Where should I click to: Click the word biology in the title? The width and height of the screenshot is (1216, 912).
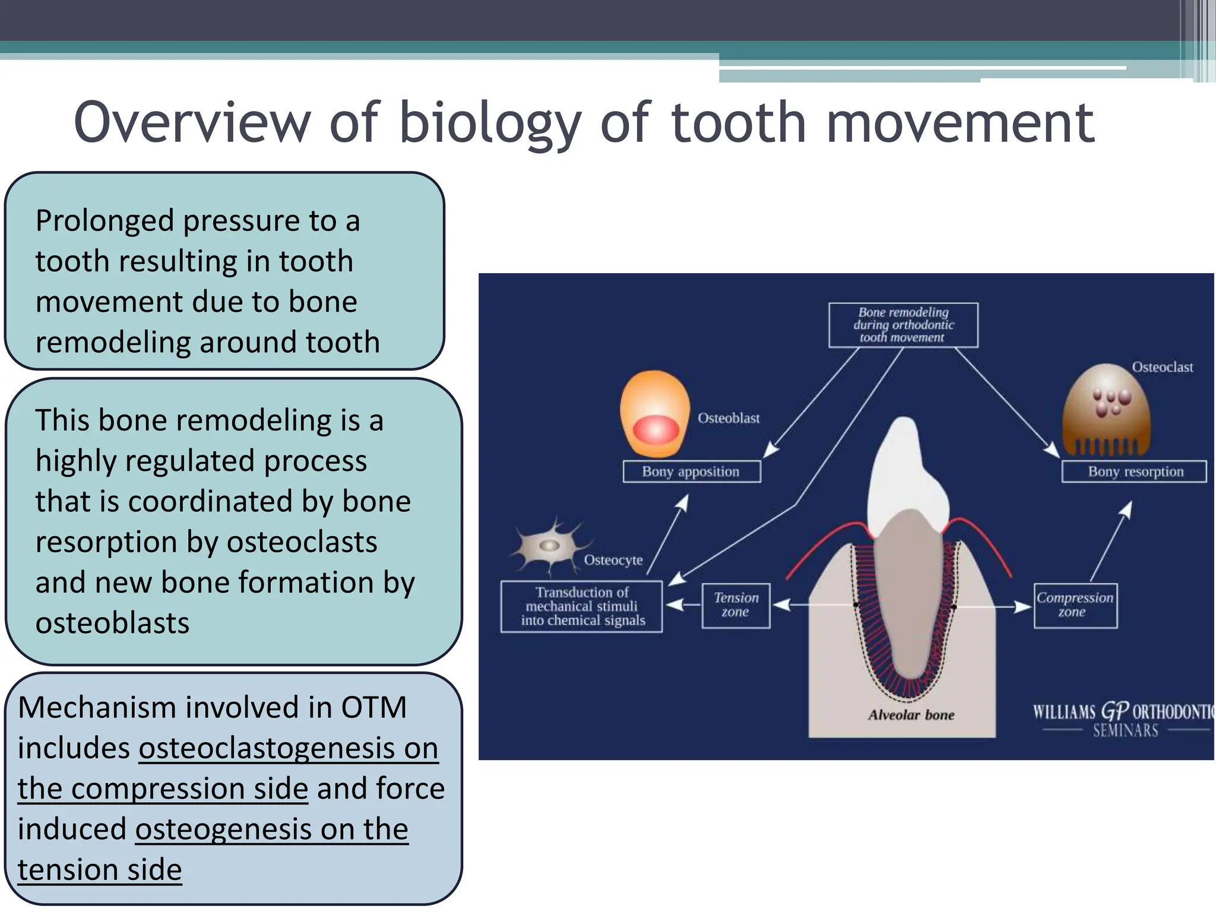pos(490,123)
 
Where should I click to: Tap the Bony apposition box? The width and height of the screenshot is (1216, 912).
pos(691,471)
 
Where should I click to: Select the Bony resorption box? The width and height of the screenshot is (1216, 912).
pos(1134,471)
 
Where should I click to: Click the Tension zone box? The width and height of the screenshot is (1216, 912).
pos(736,605)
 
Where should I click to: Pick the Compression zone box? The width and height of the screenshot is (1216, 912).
pos(1075,605)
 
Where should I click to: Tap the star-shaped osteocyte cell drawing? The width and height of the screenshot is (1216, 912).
pos(549,545)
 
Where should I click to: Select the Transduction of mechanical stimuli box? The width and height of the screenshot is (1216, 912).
pos(581,606)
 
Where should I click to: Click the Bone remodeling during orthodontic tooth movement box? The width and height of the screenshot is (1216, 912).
pos(903,325)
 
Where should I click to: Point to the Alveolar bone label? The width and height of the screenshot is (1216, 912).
pos(911,715)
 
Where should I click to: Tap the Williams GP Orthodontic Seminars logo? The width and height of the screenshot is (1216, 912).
pos(1122,720)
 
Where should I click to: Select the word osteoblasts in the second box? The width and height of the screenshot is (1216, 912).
pos(112,623)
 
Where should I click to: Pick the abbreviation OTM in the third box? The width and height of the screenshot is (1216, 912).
pos(373,708)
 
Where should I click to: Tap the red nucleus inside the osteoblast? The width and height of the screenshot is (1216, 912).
pos(655,429)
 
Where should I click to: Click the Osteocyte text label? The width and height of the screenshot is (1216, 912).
pos(613,560)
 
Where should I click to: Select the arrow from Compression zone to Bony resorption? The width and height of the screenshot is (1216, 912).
pos(1111,541)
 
